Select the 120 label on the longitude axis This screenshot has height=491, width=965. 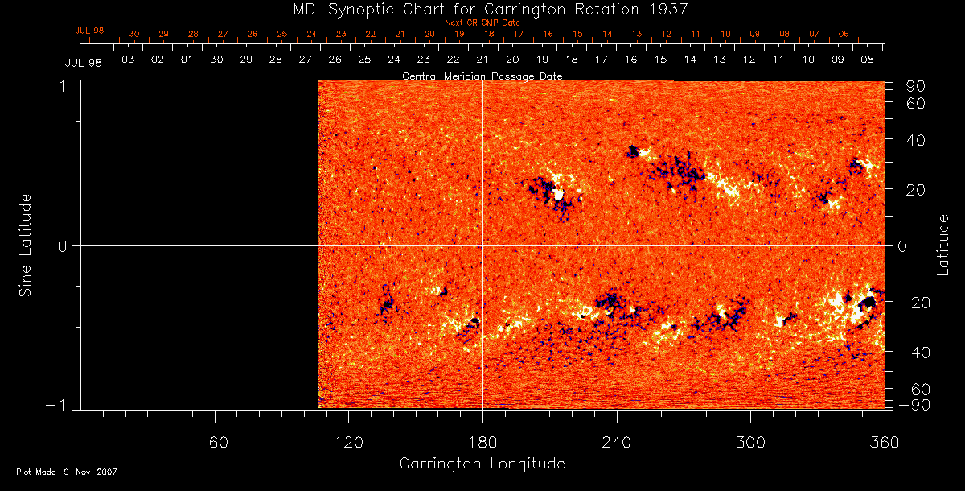point(348,443)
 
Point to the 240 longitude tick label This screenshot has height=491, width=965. point(617,443)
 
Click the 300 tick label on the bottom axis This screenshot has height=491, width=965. point(750,443)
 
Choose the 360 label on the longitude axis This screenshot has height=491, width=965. point(883,443)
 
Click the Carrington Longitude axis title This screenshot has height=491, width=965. point(482,464)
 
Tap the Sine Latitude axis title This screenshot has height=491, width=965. point(26,245)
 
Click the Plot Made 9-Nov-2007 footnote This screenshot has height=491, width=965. point(67,472)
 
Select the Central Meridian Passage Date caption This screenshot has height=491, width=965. point(482,76)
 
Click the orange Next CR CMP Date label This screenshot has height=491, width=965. point(482,23)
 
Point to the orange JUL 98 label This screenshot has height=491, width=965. point(90,31)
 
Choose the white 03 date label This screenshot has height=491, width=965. point(127,60)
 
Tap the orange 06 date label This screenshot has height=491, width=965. point(844,35)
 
